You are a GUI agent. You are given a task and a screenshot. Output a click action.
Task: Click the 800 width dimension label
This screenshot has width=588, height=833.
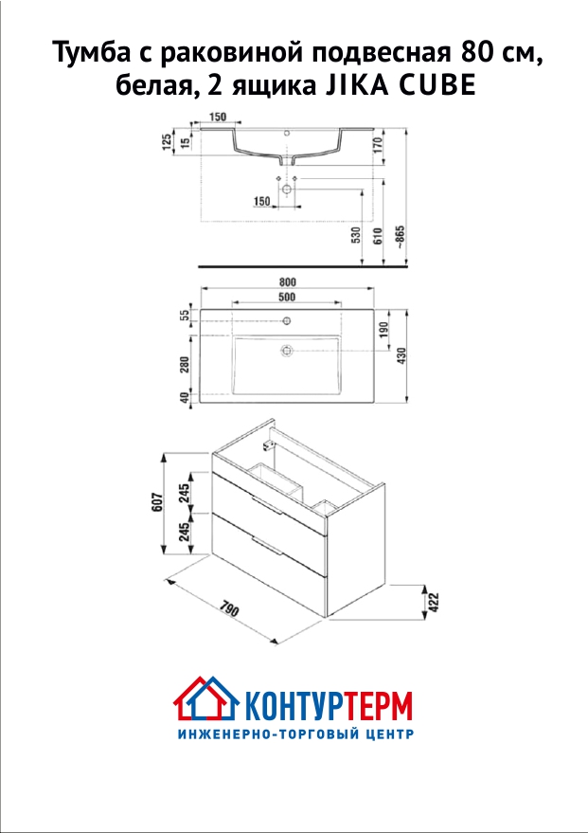[x=287, y=282]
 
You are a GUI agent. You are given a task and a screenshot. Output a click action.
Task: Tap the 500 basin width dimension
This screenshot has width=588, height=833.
[x=287, y=297]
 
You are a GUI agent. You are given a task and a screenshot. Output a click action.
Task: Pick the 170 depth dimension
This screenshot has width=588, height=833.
[x=378, y=145]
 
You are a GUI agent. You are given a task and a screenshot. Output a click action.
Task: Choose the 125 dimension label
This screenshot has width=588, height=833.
[x=167, y=142]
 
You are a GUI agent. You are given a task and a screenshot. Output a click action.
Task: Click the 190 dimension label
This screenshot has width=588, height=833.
[x=383, y=332]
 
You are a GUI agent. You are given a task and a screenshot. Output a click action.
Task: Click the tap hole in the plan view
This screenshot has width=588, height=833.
[x=287, y=320]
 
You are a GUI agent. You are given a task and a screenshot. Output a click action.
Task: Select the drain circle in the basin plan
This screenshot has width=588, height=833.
[x=287, y=350]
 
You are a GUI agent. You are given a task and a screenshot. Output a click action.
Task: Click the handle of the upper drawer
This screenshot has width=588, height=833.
[x=267, y=505]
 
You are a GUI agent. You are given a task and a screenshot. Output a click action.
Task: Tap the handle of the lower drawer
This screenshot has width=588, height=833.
[x=267, y=546]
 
